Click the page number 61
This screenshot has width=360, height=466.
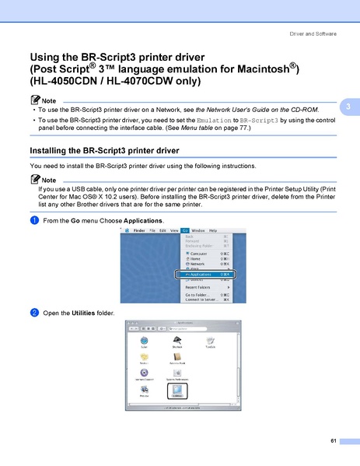point(333,442)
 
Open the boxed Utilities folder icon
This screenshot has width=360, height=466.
point(177,391)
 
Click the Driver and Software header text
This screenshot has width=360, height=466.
point(313,33)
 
